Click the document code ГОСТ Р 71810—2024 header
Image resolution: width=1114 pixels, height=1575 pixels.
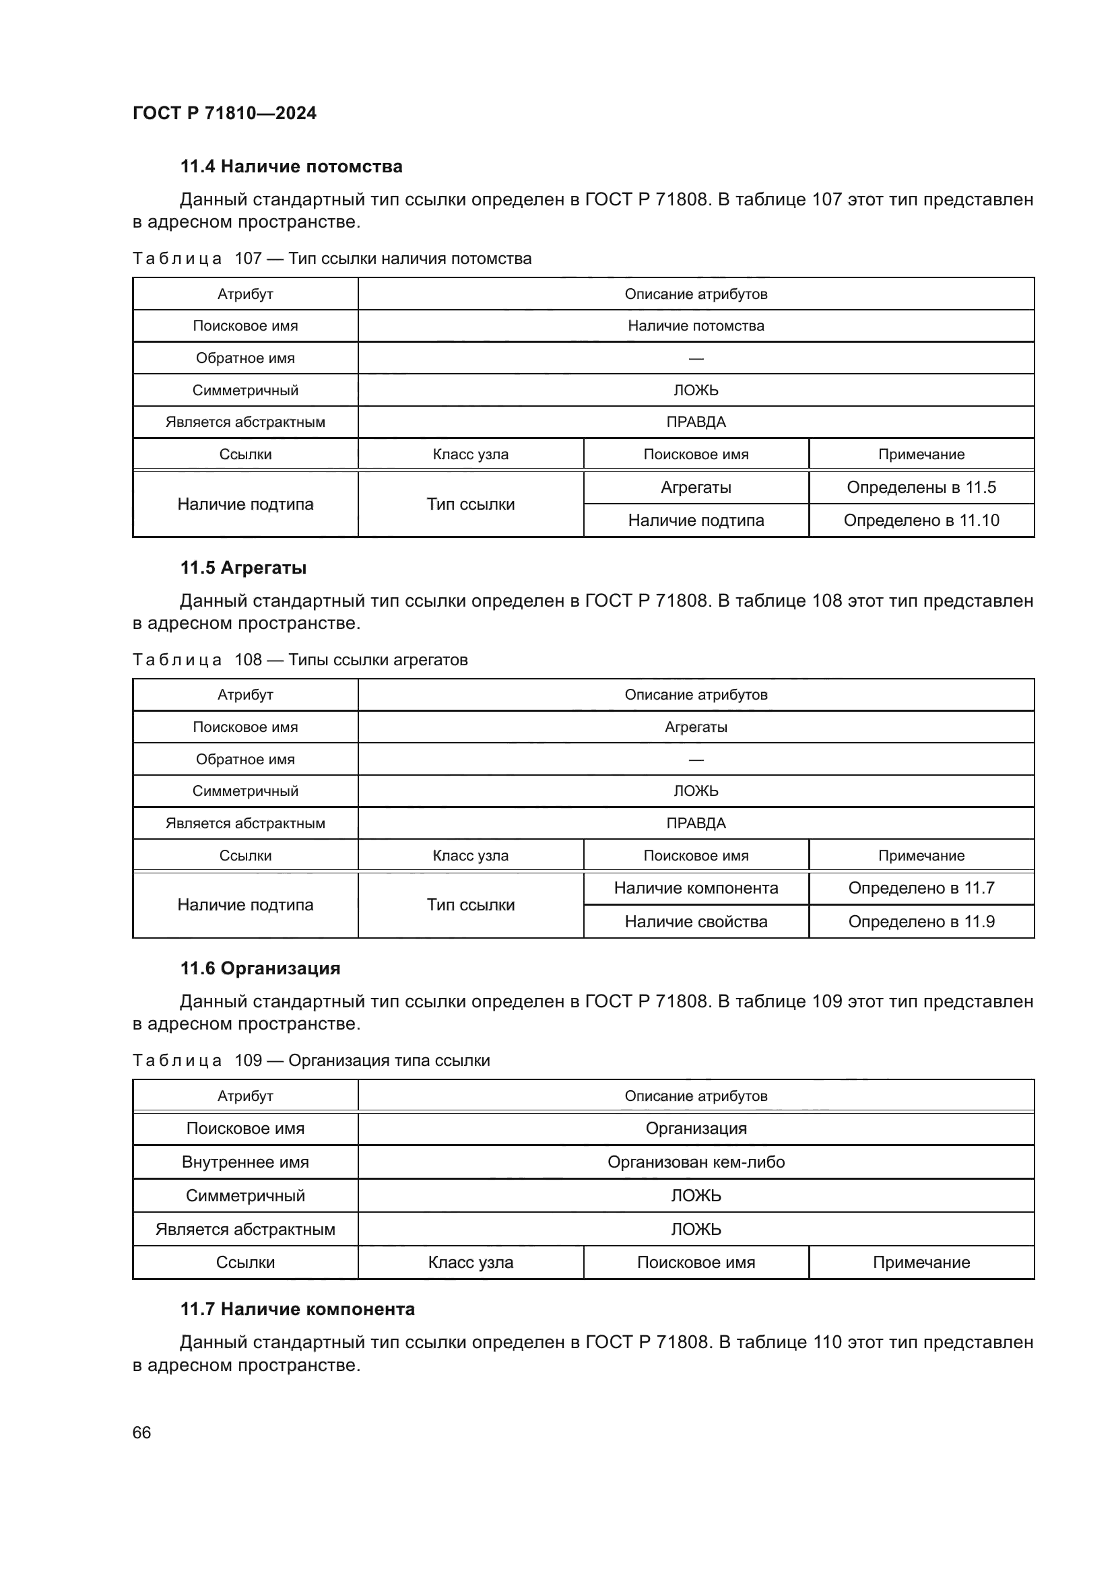(x=224, y=113)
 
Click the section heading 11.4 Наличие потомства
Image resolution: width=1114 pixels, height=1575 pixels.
(x=291, y=167)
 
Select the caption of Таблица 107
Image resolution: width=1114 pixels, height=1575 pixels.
(x=332, y=259)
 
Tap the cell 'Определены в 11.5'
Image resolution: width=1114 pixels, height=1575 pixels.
(x=921, y=488)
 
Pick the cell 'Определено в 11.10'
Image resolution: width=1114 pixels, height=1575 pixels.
(x=921, y=521)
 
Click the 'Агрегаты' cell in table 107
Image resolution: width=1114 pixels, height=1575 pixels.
(x=696, y=488)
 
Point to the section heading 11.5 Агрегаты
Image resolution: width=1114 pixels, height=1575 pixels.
(x=243, y=568)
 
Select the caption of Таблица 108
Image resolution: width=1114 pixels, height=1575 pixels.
(x=300, y=660)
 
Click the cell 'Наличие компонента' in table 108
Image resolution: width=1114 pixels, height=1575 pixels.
(x=696, y=888)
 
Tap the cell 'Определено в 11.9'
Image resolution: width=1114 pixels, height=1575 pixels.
(x=921, y=922)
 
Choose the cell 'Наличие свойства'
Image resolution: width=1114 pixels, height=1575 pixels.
(x=696, y=922)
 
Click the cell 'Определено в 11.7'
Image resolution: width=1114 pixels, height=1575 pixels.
(x=921, y=888)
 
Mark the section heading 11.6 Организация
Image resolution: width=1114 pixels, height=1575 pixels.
(x=260, y=968)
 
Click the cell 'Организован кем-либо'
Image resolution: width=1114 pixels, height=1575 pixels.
(x=696, y=1162)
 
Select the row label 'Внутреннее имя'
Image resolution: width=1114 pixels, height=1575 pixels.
(x=245, y=1162)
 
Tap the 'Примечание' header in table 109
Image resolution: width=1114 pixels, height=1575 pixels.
(x=921, y=1262)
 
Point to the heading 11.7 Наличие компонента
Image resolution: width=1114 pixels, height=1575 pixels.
(x=297, y=1309)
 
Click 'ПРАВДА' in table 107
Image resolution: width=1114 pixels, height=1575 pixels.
(x=696, y=423)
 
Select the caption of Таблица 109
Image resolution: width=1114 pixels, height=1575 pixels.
(x=310, y=1061)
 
